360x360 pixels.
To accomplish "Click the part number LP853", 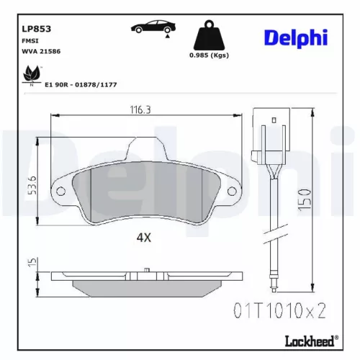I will (36, 30).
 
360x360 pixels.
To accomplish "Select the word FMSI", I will (30, 42).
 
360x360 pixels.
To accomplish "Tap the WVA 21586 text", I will (40, 53).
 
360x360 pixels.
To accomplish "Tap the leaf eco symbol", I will (32, 73).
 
